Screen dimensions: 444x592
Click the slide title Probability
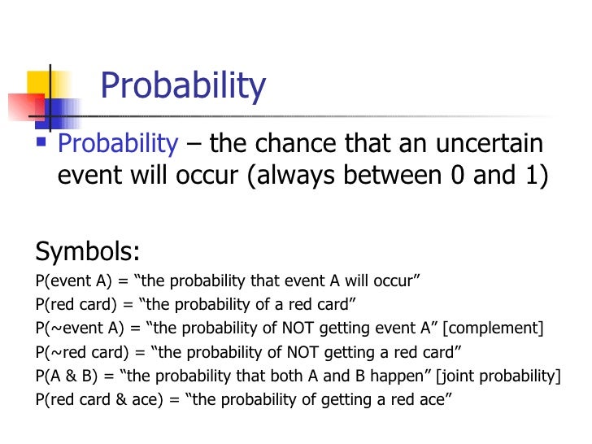(x=183, y=87)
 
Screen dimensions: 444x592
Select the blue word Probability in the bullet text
(x=119, y=143)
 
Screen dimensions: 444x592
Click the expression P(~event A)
(x=76, y=329)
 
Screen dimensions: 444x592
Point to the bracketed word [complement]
(x=495, y=329)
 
